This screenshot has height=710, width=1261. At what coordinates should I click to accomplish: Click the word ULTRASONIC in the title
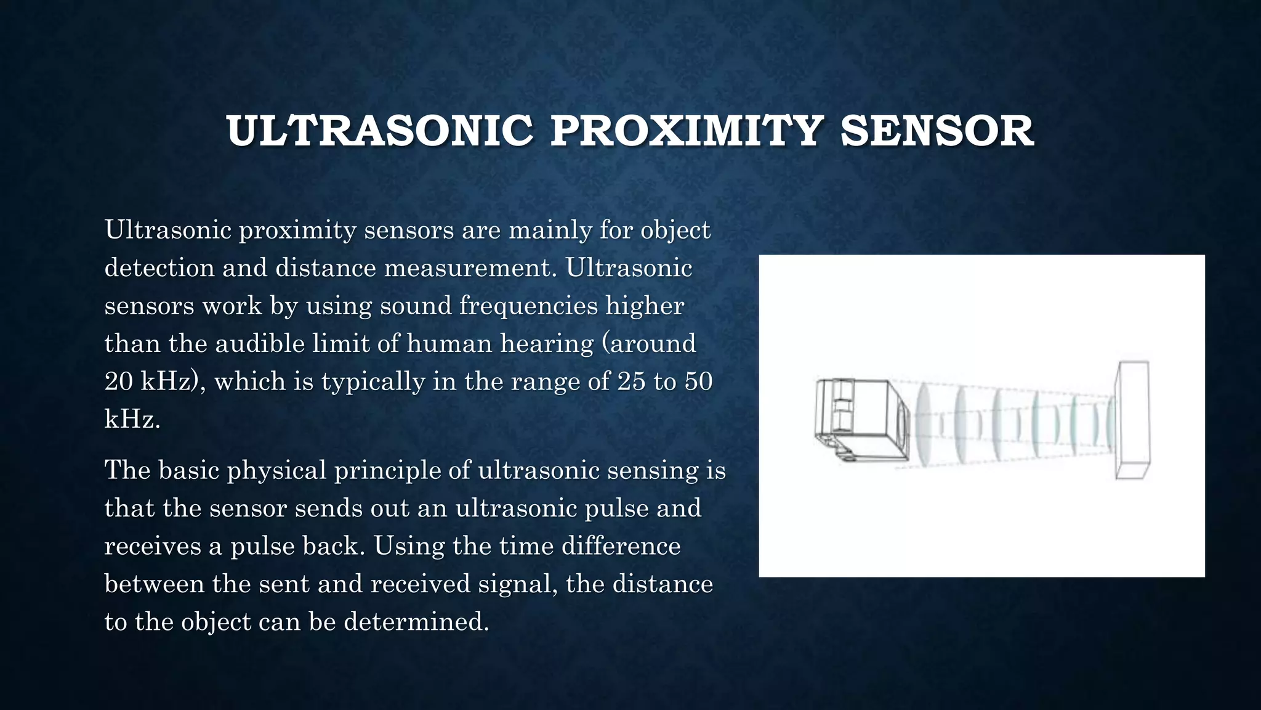click(379, 131)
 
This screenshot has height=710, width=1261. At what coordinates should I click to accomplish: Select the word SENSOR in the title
click(937, 131)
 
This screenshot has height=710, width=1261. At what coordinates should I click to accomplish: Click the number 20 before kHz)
click(118, 382)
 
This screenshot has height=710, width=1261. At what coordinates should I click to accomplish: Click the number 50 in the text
click(698, 382)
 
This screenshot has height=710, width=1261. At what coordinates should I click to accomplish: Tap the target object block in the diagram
click(1133, 420)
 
